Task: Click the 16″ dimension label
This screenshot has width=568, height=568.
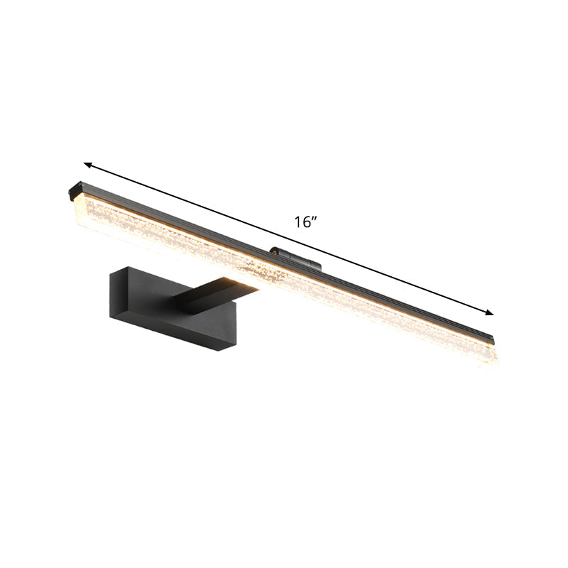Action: tap(306, 222)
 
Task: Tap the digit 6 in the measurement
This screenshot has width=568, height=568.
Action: tap(306, 222)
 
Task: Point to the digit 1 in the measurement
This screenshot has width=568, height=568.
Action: tap(299, 222)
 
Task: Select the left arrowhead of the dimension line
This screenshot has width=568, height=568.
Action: tap(87, 163)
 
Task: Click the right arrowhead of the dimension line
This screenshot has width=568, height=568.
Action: tap(490, 312)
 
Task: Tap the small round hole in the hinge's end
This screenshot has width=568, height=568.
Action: tap(271, 250)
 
